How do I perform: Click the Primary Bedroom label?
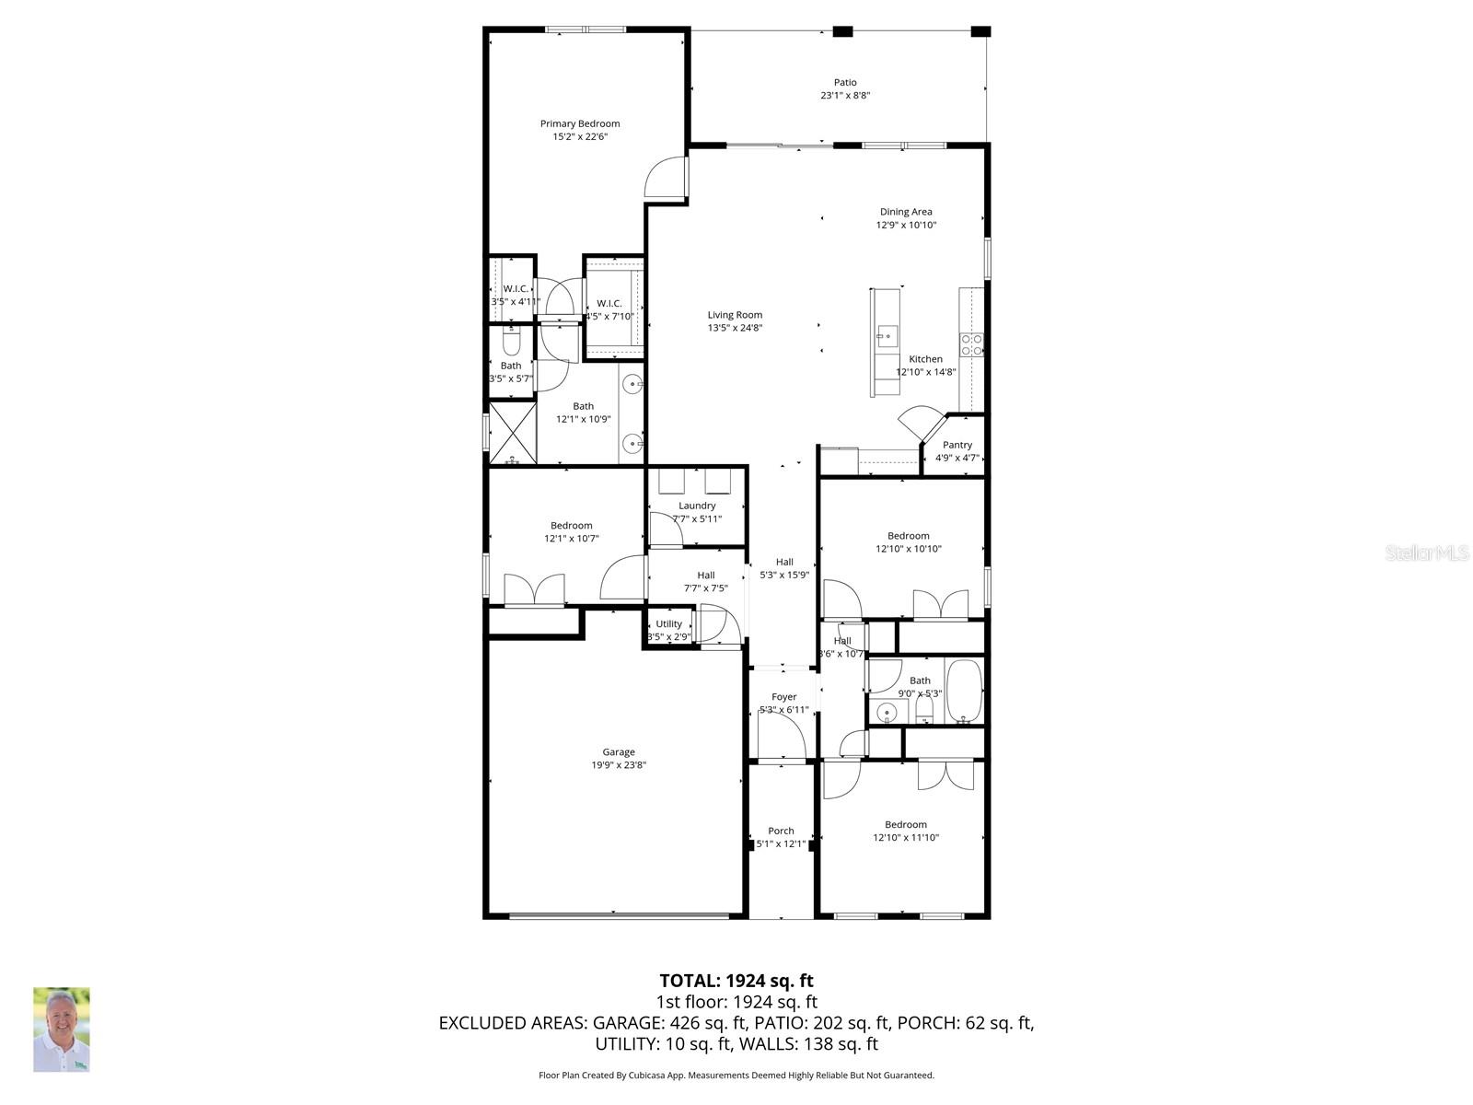[579, 123]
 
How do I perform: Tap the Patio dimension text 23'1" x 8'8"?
[845, 96]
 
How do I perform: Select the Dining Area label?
[906, 212]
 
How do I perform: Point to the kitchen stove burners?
[971, 345]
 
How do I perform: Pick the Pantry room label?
[957, 445]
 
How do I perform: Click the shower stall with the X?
[512, 433]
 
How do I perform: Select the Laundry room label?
[697, 506]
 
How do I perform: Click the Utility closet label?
[669, 623]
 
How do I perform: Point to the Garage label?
[619, 752]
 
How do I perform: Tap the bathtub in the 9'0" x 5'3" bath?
[964, 691]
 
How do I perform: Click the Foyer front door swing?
[782, 737]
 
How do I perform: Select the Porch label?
[781, 831]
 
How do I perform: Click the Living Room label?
[735, 315]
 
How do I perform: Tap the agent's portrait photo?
[62, 1029]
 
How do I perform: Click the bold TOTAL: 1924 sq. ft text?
[736, 981]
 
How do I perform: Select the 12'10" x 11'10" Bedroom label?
[906, 825]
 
